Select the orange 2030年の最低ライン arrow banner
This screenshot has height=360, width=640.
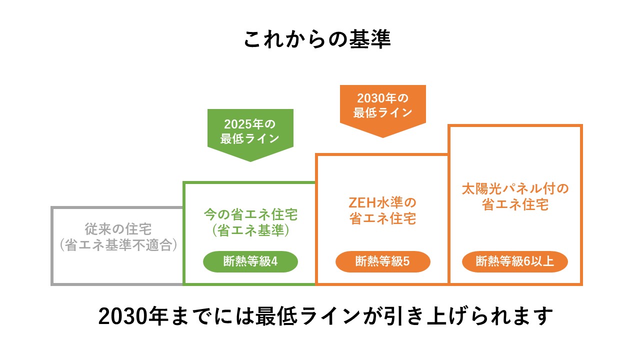click(382, 107)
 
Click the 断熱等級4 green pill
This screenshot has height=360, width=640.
click(250, 261)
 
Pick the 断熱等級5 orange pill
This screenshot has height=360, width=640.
click(382, 261)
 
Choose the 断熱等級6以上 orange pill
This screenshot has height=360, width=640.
click(515, 261)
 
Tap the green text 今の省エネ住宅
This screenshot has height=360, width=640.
click(250, 215)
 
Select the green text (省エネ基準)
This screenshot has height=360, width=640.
click(250, 231)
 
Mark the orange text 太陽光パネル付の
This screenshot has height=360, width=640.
click(515, 189)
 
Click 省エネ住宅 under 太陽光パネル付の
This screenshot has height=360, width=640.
click(515, 205)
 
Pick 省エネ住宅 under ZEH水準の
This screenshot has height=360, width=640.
click(382, 219)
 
